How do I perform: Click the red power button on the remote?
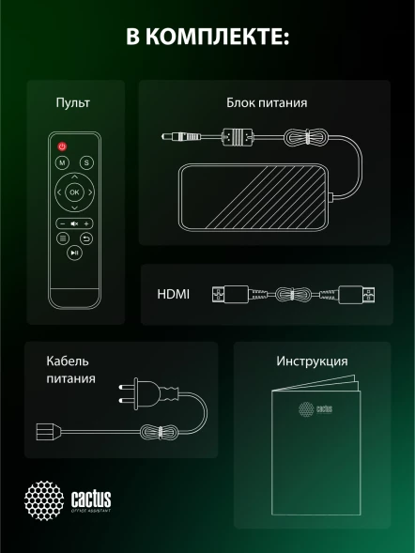tap(62, 146)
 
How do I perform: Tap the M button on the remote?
tap(62, 163)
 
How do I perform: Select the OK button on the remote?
tap(74, 192)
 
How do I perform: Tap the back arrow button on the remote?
tap(86, 238)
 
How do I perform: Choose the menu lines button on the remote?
tap(62, 238)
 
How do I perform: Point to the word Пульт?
tap(72, 102)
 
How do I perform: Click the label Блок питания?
tap(267, 102)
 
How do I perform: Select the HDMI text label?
tap(173, 294)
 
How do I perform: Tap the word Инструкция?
tap(312, 361)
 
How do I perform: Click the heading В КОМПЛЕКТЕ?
tap(207, 38)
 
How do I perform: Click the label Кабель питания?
tap(70, 370)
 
